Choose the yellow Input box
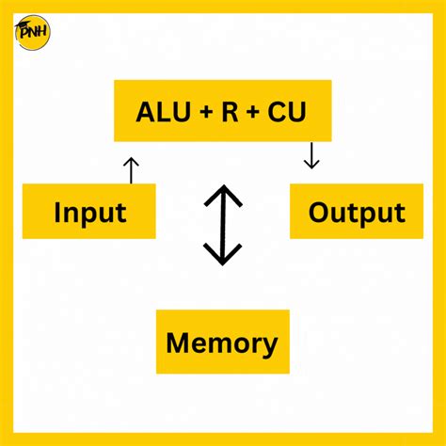click(x=88, y=211)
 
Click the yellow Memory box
click(x=222, y=342)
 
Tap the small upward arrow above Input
click(x=131, y=169)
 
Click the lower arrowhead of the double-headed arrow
click(x=223, y=255)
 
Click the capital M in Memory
click(x=178, y=342)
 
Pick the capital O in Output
click(x=320, y=211)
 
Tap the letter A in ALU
click(x=147, y=112)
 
